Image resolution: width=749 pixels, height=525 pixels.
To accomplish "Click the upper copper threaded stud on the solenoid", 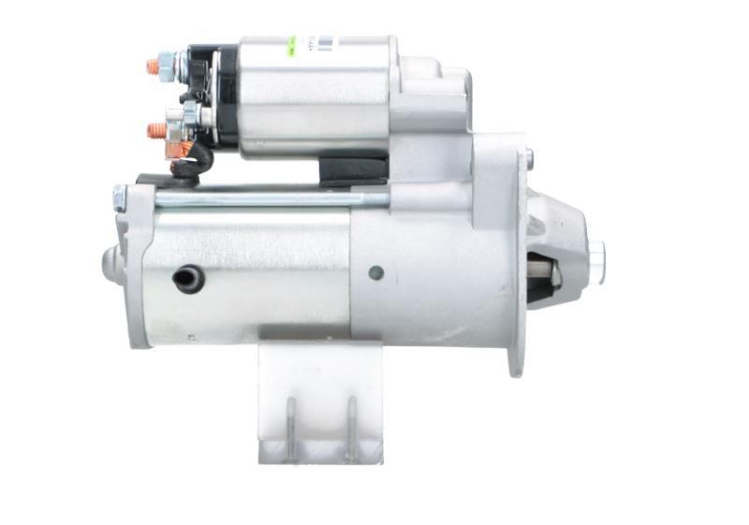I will point(154,67).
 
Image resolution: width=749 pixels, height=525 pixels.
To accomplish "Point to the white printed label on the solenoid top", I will point(323,41).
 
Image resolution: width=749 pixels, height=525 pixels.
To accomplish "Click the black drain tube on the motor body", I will point(188,278).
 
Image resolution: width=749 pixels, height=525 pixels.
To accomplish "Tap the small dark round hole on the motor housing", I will point(375,273).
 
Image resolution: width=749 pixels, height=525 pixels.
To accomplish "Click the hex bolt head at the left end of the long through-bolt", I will point(120,197).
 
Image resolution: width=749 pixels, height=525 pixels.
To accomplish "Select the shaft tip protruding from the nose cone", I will point(596,253).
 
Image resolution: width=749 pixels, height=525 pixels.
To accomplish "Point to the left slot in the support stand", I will point(291,426).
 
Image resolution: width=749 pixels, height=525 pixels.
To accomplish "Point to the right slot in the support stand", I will point(352,426).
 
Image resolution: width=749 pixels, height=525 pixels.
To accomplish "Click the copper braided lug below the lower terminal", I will point(176,149).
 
